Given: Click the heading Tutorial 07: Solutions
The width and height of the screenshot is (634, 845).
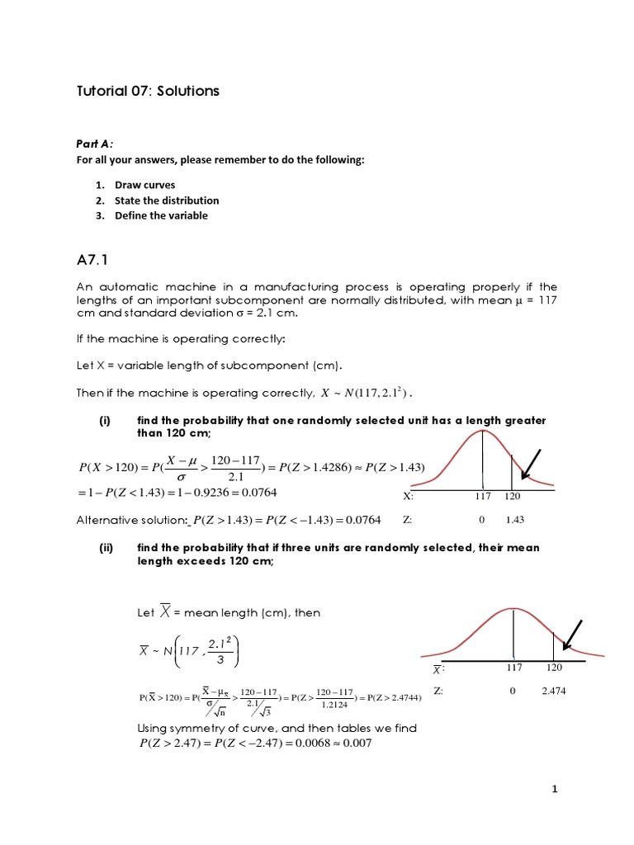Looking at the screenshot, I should [148, 91].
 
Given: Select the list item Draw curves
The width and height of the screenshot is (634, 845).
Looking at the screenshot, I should [144, 185].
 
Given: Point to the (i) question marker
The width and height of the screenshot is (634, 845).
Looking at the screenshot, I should [105, 420].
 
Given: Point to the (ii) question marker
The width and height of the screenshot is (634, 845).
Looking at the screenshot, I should [106, 547].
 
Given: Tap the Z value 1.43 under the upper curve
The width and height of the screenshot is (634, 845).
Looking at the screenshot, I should [514, 520].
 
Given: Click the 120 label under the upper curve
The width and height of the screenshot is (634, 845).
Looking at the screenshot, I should [513, 496].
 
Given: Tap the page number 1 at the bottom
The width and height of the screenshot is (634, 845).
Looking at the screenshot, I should [556, 789].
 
